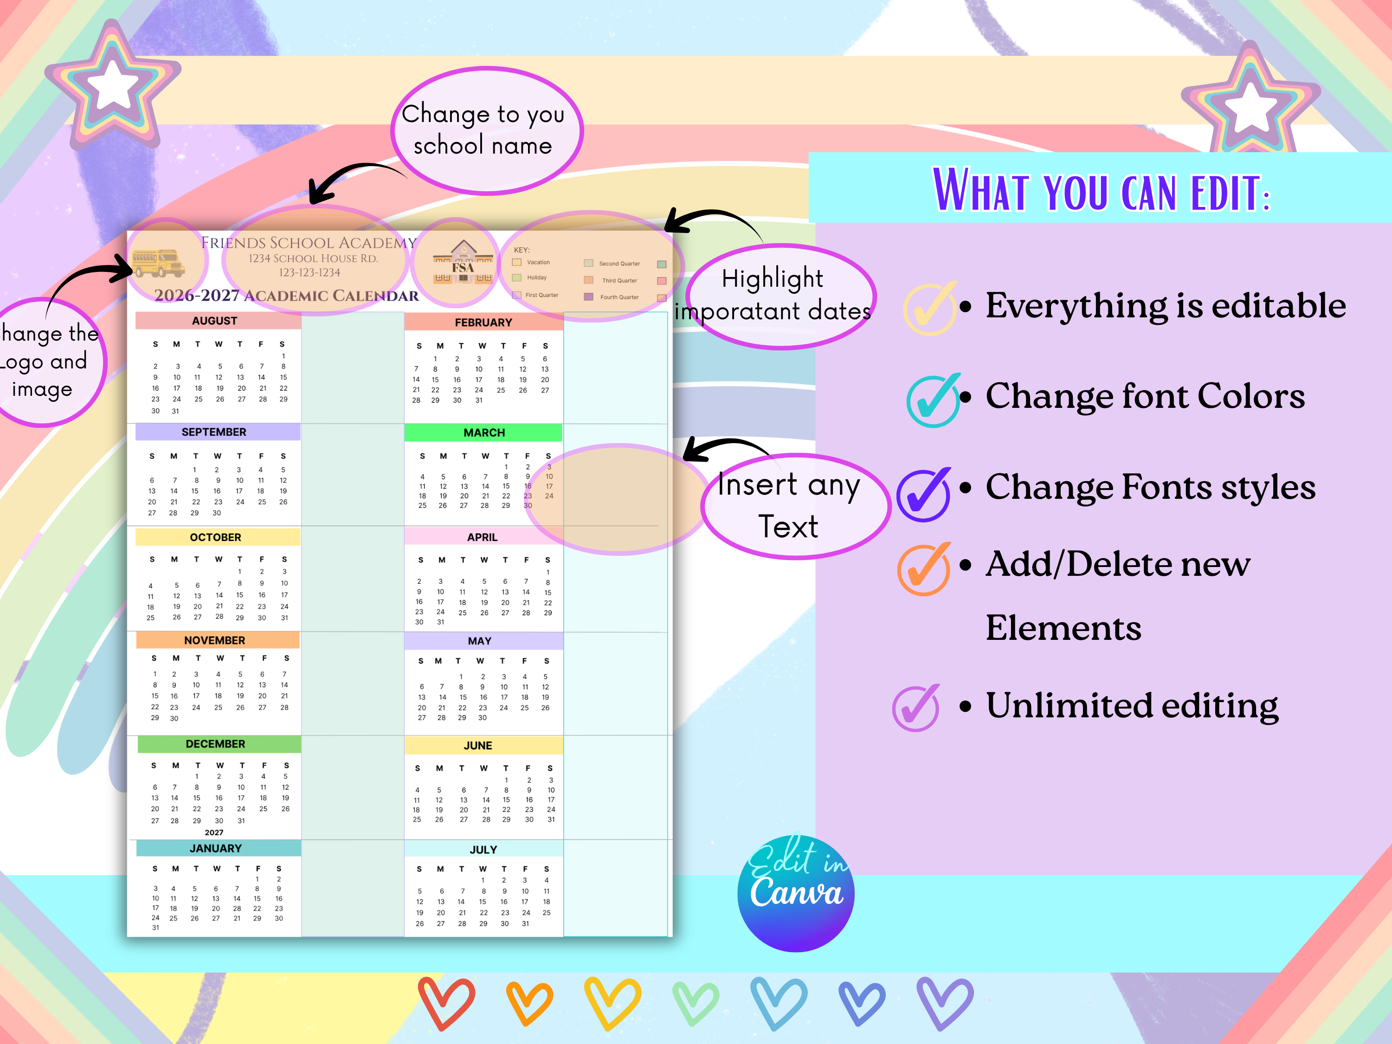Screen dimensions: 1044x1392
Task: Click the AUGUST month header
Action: [x=214, y=320]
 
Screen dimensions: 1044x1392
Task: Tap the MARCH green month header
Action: [x=484, y=432]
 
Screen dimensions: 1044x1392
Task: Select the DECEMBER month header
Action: [x=215, y=744]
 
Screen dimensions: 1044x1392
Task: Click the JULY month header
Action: [x=483, y=850]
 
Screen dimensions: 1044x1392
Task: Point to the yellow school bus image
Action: [x=158, y=263]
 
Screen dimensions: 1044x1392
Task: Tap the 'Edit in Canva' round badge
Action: [x=796, y=892]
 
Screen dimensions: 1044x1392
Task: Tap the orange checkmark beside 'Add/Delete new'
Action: [x=924, y=568]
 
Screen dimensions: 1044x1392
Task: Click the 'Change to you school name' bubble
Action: [x=484, y=129]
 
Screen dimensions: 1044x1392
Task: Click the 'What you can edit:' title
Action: [x=1101, y=190]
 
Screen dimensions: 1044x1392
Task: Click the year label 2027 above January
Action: [x=214, y=832]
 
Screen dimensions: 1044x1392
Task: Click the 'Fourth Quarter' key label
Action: [x=619, y=297]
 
